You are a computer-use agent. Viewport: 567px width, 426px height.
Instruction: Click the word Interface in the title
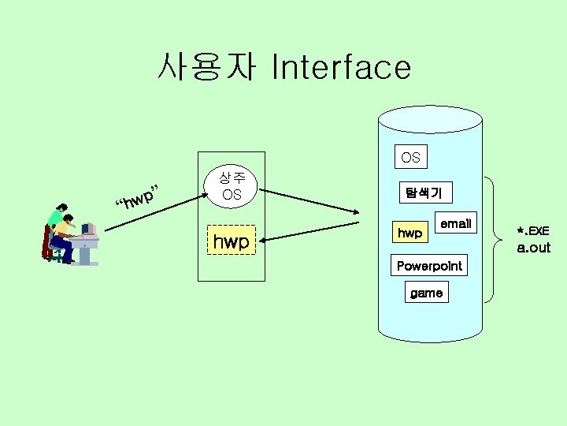pyautogui.click(x=340, y=68)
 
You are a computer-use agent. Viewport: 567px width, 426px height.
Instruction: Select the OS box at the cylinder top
pyautogui.click(x=410, y=158)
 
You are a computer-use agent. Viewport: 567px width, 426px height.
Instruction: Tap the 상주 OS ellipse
pyautogui.click(x=231, y=187)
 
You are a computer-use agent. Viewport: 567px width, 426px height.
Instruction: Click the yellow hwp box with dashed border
pyautogui.click(x=231, y=241)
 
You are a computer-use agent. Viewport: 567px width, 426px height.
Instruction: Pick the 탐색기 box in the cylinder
pyautogui.click(x=424, y=192)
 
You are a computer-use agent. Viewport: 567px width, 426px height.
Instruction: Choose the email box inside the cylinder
pyautogui.click(x=455, y=224)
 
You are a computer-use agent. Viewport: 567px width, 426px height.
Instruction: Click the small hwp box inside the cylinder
pyautogui.click(x=409, y=234)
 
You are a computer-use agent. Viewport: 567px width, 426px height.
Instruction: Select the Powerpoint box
pyautogui.click(x=429, y=265)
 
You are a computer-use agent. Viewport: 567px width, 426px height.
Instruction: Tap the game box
pyautogui.click(x=426, y=293)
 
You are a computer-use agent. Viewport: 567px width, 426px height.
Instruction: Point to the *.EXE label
pyautogui.click(x=532, y=231)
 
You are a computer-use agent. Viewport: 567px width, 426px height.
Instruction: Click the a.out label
pyautogui.click(x=533, y=248)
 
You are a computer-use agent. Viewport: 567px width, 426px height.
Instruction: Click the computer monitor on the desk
pyautogui.click(x=87, y=230)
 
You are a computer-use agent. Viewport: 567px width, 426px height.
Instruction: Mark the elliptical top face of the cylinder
pyautogui.click(x=430, y=119)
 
